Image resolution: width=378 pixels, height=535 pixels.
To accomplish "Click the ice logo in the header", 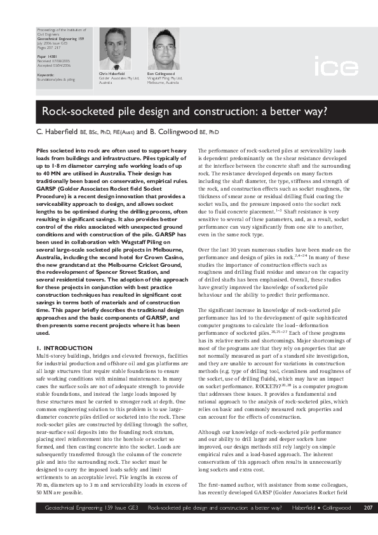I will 331,65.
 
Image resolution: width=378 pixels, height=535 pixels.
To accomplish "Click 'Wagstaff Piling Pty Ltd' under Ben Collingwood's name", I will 166,78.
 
